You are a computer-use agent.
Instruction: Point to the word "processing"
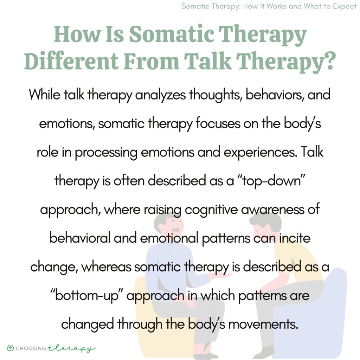(x=103, y=153)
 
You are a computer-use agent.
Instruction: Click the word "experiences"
(x=238, y=153)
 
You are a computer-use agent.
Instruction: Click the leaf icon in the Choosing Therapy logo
(x=11, y=348)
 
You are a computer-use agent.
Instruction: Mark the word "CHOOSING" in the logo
(x=31, y=348)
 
